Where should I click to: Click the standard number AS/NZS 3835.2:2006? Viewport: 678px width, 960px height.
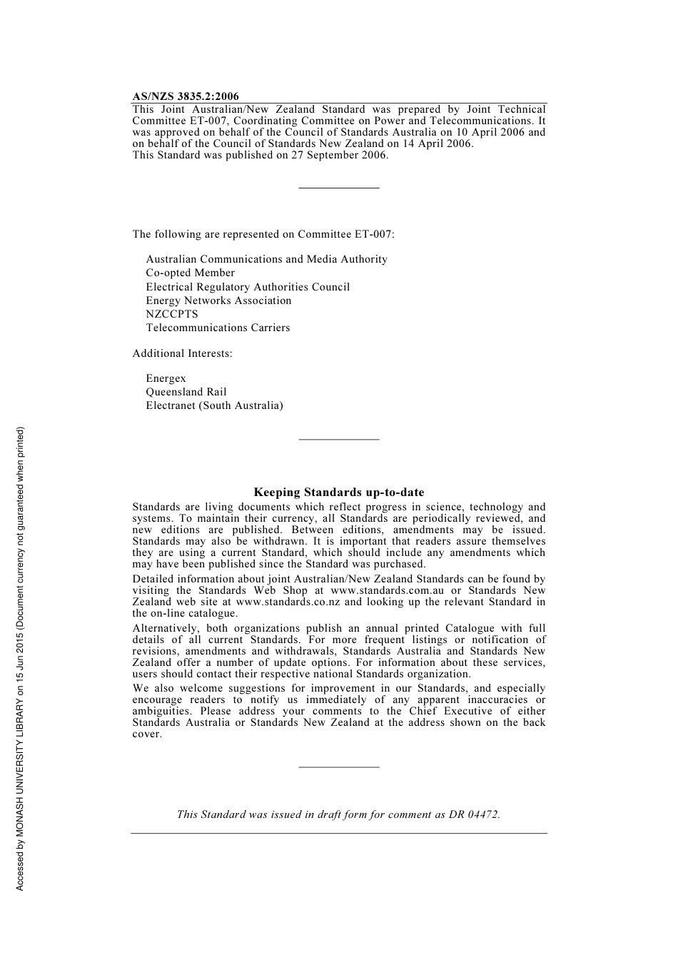[x=186, y=96]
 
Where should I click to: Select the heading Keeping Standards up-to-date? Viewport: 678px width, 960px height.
[x=338, y=492]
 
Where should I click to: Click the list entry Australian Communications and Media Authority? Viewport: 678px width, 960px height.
[x=266, y=259]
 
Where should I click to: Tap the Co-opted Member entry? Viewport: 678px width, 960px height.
[x=190, y=273]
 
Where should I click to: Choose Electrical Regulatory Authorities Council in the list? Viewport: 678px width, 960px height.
[x=248, y=287]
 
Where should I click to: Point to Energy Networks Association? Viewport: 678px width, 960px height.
[x=218, y=300]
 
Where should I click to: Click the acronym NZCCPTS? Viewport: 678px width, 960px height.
[x=172, y=314]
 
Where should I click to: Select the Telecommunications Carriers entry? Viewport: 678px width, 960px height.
[x=218, y=328]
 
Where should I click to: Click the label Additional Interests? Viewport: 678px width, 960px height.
[x=182, y=353]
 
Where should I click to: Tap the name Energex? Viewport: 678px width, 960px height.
[x=166, y=378]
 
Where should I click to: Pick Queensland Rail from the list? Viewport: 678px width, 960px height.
[x=186, y=392]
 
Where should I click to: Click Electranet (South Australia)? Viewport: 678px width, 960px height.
[x=214, y=405]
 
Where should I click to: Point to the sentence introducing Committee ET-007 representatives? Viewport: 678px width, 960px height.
[x=263, y=234]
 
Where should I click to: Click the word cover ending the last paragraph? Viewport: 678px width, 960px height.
[x=146, y=734]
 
